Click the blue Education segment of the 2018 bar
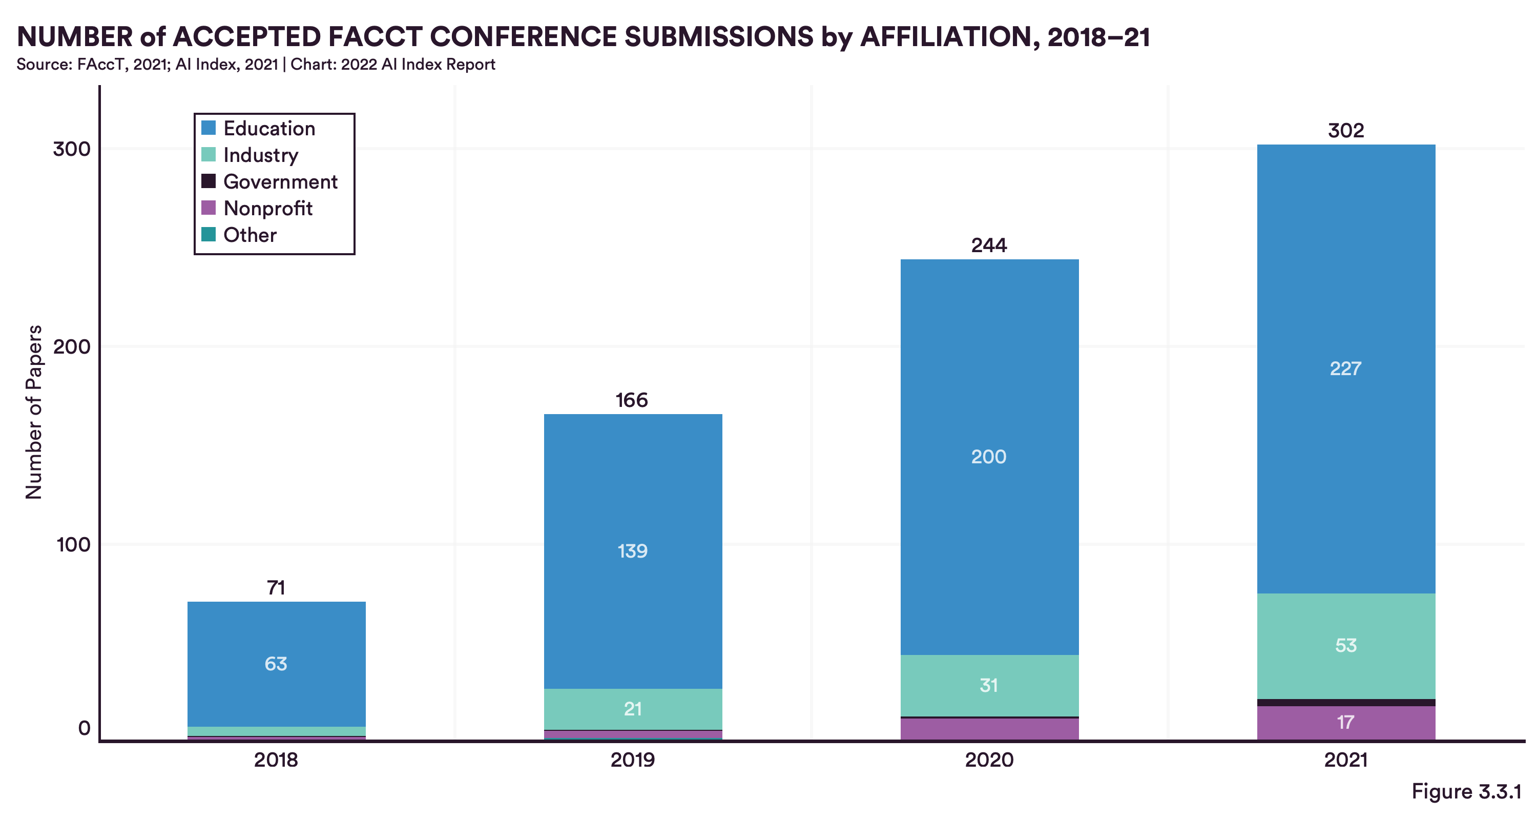(x=276, y=663)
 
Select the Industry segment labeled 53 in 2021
(x=1345, y=645)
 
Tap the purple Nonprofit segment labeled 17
(x=1345, y=723)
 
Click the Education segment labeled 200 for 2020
(x=989, y=457)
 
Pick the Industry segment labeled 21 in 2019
(x=632, y=709)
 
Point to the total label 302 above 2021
(x=1345, y=131)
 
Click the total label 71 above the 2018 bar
(x=276, y=588)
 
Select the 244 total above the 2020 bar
(x=989, y=245)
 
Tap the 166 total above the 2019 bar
(x=632, y=400)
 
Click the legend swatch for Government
(x=208, y=181)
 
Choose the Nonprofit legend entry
(x=267, y=208)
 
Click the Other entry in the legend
(x=250, y=235)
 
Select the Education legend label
(x=269, y=128)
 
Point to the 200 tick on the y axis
(x=72, y=347)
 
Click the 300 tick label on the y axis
(x=72, y=149)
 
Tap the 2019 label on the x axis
(x=632, y=760)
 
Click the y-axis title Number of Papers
(x=34, y=412)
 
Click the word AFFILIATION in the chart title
(x=946, y=37)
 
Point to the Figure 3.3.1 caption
(x=1466, y=791)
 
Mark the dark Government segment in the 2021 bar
(x=1345, y=703)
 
